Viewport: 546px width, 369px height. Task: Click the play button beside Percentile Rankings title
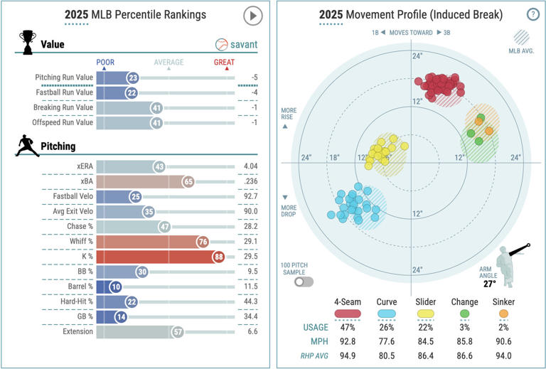coord(252,15)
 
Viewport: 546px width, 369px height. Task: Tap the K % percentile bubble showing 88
coord(218,257)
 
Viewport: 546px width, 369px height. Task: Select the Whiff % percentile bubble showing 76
coord(203,241)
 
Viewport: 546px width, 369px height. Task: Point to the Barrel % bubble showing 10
coord(116,287)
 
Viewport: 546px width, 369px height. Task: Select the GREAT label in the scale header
coord(225,63)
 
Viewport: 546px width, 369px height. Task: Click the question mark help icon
coord(532,14)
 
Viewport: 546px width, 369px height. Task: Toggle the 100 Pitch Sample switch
coord(304,282)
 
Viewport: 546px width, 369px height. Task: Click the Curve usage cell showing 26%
coord(387,327)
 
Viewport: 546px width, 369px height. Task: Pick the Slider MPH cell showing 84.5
coord(426,342)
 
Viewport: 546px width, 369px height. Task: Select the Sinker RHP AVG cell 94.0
coord(503,356)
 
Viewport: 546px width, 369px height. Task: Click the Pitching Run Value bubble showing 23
coord(133,77)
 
